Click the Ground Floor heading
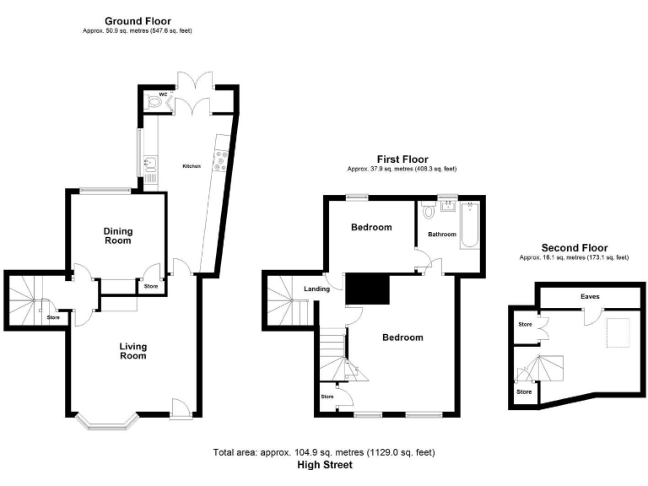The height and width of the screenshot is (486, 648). [x=138, y=20]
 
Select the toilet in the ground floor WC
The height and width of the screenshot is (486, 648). [x=153, y=103]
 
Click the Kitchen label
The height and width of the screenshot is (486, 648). [x=192, y=166]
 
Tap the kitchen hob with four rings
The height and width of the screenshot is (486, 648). [x=221, y=159]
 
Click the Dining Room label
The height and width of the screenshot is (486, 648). [x=118, y=235]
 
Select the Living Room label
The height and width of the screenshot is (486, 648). [x=132, y=350]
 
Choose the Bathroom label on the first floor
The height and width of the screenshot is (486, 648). [x=441, y=234]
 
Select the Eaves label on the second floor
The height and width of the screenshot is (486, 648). [x=590, y=296]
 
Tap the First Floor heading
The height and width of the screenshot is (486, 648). [x=402, y=159]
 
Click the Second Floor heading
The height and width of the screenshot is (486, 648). [x=574, y=247]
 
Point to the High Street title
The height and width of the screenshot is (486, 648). [x=324, y=465]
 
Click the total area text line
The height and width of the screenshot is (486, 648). [x=324, y=453]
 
